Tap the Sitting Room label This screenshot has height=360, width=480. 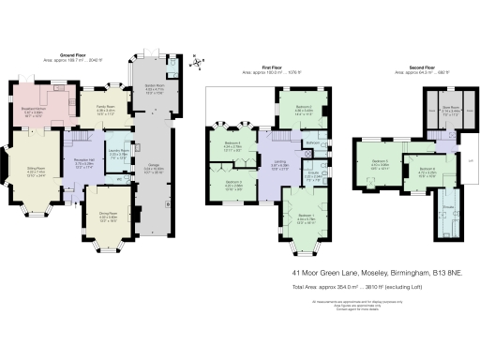[36, 170]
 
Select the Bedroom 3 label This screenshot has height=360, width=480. [233, 183]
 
